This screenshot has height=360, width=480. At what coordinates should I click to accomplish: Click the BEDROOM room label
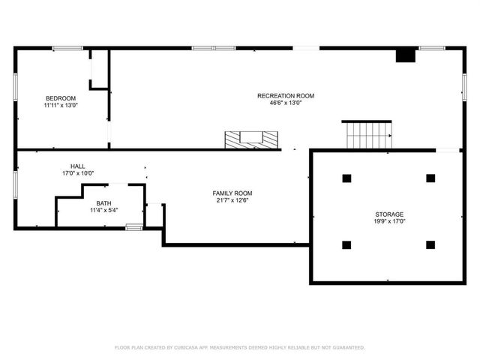[x=61, y=98]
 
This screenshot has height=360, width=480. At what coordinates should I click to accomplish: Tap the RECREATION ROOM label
[x=286, y=96]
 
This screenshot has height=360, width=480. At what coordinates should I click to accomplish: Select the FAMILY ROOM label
[x=232, y=193]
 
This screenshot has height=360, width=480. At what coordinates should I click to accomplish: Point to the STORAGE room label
[x=389, y=214]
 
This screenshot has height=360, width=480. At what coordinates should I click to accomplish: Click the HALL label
[x=77, y=166]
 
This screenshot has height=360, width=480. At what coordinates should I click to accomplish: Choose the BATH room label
[x=103, y=203]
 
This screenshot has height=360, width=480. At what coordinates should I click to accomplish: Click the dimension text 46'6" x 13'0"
[x=286, y=103]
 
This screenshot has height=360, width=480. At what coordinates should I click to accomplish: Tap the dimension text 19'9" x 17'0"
[x=389, y=221]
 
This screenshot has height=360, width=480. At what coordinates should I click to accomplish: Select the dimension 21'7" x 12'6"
[x=232, y=200]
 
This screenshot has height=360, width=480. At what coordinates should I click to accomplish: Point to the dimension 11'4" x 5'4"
[x=103, y=211]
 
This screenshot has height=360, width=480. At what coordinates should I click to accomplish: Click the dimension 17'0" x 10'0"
[x=77, y=173]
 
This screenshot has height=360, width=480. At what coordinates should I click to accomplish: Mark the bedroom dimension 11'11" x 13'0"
[x=61, y=106]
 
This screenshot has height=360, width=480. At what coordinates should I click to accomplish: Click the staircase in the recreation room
[x=367, y=134]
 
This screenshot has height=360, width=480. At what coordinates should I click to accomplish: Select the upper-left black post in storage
[x=346, y=178]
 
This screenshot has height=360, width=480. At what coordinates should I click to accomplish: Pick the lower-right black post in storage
[x=430, y=244]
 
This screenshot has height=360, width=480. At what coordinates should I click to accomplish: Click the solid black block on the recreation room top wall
[x=405, y=55]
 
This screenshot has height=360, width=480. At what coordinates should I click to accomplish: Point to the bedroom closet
[x=99, y=69]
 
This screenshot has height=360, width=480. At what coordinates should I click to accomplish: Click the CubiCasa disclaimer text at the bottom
[x=239, y=347]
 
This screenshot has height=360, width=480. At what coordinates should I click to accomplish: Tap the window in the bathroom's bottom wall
[x=133, y=226]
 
